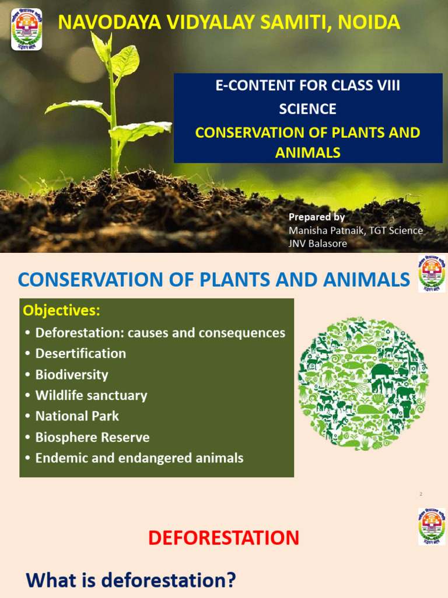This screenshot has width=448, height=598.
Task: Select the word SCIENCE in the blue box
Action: point(307,109)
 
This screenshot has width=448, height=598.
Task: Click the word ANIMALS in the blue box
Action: point(307,153)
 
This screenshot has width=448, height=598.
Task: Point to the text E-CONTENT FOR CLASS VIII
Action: point(307,86)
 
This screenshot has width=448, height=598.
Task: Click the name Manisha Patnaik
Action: point(322,230)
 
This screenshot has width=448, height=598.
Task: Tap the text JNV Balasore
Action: point(318,244)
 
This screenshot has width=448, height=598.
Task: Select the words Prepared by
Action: point(317,217)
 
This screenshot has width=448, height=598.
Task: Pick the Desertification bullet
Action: point(80,353)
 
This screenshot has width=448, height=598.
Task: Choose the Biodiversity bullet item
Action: point(72,374)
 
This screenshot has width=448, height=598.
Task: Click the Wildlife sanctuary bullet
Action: point(91,395)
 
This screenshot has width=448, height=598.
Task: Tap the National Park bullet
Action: point(77,416)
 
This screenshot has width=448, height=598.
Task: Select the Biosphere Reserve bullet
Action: point(92,437)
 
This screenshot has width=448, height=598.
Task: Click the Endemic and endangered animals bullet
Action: point(139,458)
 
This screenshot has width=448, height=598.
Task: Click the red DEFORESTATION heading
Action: point(223,538)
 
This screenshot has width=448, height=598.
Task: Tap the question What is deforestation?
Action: point(131,580)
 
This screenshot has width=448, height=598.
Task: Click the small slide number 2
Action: point(421,495)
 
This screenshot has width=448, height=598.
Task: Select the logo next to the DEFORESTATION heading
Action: point(431,526)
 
